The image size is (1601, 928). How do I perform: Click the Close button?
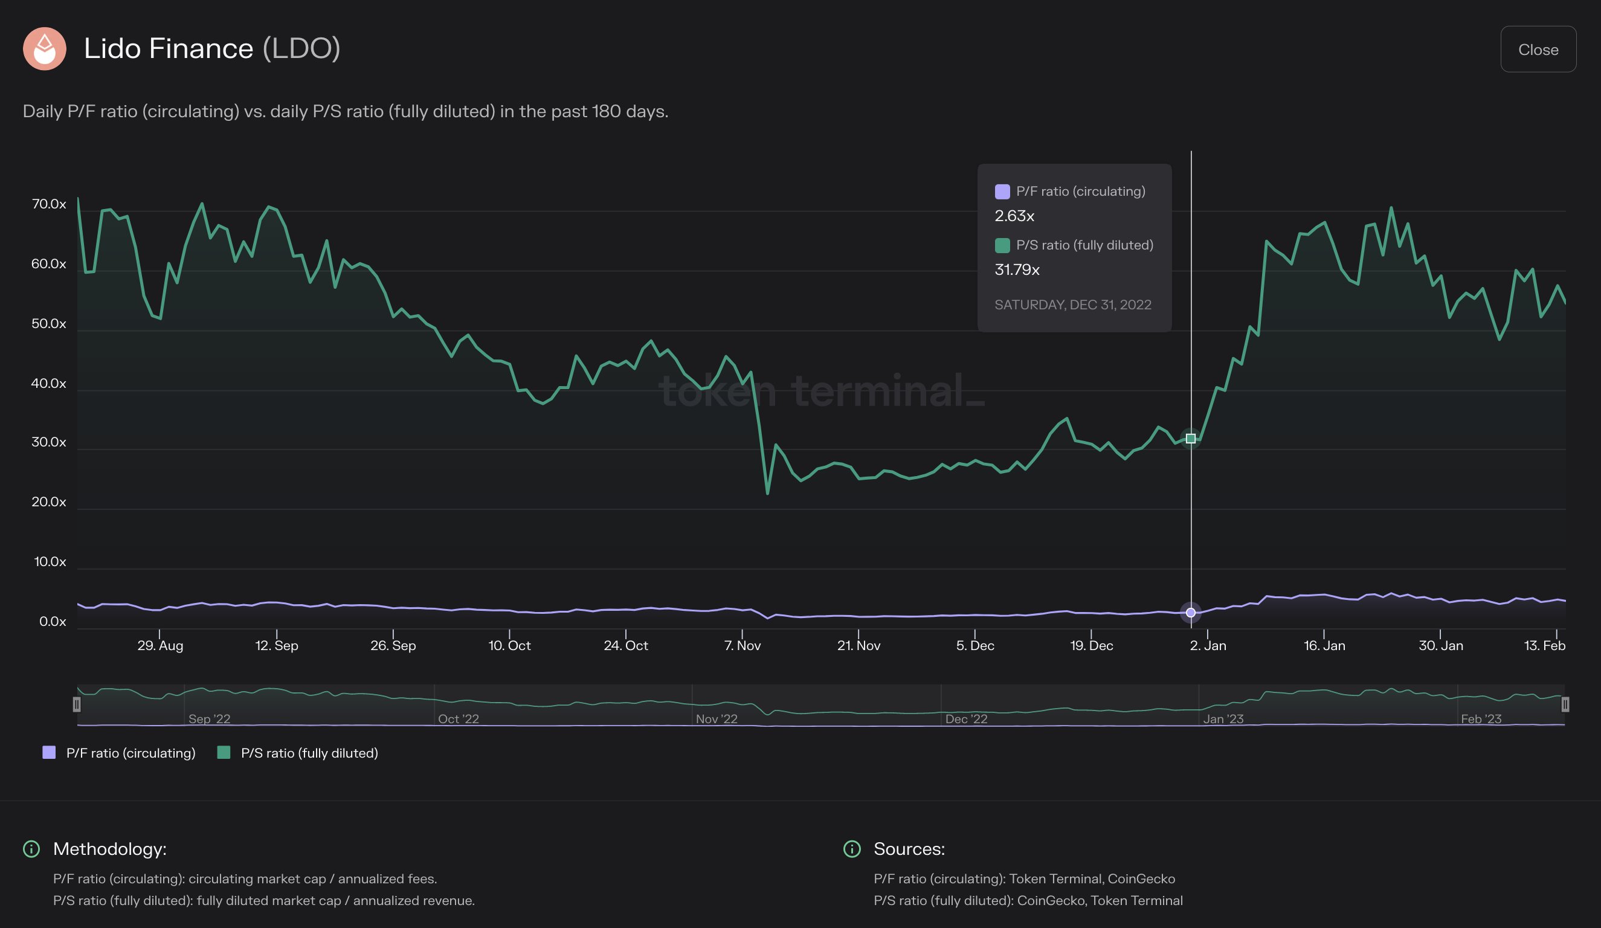(x=1538, y=50)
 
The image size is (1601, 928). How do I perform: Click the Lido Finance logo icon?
(x=45, y=49)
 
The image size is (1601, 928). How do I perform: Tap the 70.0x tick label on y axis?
(x=49, y=204)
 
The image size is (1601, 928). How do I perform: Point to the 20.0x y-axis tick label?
(x=49, y=502)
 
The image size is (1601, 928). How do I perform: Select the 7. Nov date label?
(x=742, y=645)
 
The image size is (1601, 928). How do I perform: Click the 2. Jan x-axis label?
(x=1208, y=645)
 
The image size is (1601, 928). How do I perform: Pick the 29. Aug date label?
(x=160, y=645)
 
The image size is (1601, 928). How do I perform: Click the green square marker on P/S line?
(x=1191, y=438)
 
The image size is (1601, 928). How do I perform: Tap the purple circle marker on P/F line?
(x=1191, y=612)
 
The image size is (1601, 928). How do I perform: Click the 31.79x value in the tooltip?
(x=1017, y=270)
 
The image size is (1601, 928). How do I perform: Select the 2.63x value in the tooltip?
(x=1014, y=216)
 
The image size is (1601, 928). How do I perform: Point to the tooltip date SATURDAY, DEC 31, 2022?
(x=1072, y=305)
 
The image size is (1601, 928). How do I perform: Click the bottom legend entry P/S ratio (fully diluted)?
(x=309, y=753)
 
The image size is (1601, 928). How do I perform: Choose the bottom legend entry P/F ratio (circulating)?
(x=130, y=753)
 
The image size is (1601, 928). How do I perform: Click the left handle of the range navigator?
(x=77, y=704)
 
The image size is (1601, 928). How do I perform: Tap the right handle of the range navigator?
(x=1565, y=704)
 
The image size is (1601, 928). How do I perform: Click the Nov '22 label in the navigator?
(x=716, y=719)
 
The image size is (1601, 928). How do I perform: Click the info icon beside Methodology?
(x=31, y=849)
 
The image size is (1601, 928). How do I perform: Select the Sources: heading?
(x=909, y=849)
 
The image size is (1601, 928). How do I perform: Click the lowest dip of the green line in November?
(x=767, y=493)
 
